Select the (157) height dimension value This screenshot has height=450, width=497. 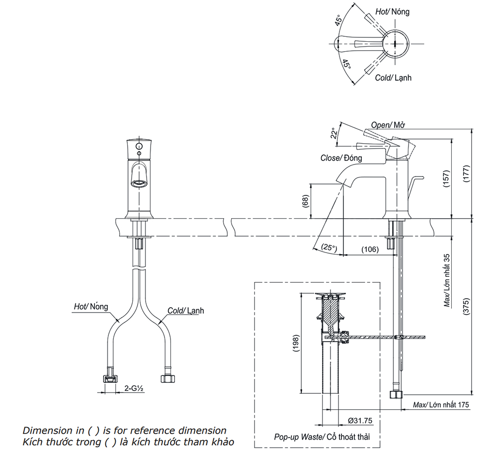click(x=446, y=178)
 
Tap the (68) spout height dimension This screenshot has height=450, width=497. click(x=305, y=201)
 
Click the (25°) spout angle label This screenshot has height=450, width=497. click(x=329, y=247)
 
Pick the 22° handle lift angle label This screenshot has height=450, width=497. click(x=334, y=133)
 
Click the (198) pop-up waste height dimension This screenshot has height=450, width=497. click(x=295, y=344)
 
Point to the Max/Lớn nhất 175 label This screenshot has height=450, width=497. click(x=441, y=405)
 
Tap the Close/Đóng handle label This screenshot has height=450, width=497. click(x=341, y=158)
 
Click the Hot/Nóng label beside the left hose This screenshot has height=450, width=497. click(x=91, y=307)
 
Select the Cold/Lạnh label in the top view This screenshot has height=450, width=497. click(x=393, y=78)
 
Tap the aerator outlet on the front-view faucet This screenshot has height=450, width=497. click(x=140, y=182)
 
